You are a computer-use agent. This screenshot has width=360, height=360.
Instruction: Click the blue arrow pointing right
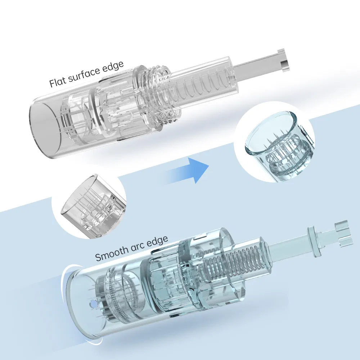click(x=187, y=170)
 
